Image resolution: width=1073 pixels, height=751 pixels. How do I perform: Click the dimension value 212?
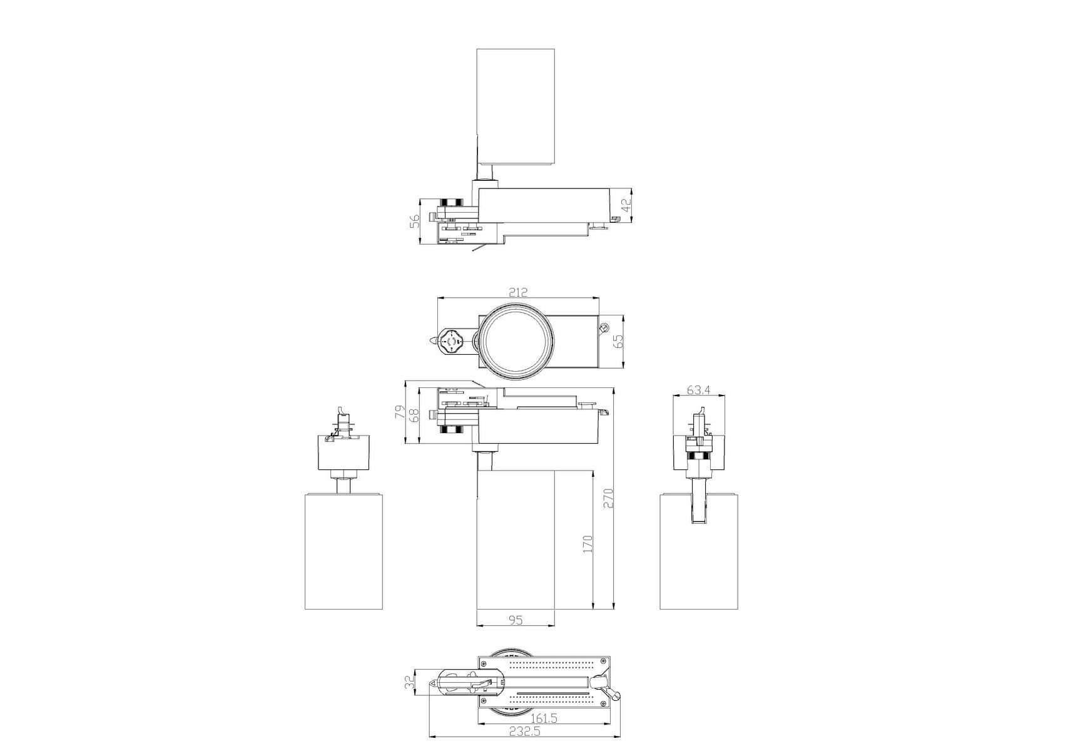[519, 292]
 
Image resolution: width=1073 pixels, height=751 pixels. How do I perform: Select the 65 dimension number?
[618, 342]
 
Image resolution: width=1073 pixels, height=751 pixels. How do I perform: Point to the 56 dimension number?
[414, 222]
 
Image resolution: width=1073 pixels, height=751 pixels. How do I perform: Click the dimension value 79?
[399, 412]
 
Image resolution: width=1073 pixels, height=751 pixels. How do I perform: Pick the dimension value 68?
[414, 416]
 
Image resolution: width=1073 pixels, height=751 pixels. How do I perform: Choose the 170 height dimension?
[586, 544]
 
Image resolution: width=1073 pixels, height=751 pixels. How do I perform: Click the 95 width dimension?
[515, 620]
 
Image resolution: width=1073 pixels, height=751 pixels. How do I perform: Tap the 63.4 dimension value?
[698, 389]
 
